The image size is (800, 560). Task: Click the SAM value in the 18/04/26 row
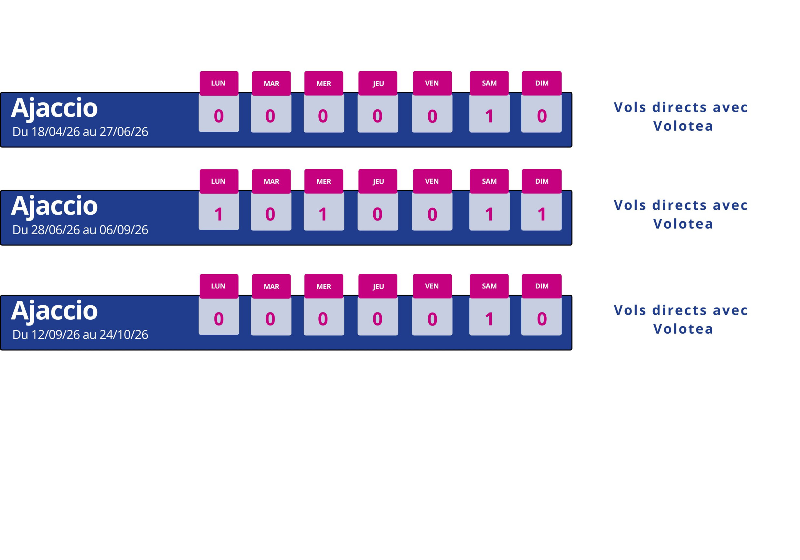pos(489,116)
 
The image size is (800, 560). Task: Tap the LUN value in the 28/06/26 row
pos(219,214)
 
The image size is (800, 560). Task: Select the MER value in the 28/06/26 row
pos(323,214)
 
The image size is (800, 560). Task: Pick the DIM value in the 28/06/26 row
pos(541,214)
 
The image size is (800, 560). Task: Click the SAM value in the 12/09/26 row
pos(489,319)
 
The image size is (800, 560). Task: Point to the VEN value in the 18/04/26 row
pos(432,116)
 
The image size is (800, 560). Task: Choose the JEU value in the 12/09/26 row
pos(377,319)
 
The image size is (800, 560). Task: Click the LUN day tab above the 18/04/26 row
pos(219,83)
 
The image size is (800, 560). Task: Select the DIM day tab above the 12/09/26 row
pos(541,286)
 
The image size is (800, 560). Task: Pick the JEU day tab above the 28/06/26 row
pos(378,181)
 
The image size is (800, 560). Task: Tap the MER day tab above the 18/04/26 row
pos(324,83)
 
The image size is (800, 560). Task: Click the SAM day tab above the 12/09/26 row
pos(489,286)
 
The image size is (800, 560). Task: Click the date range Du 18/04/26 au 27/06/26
pos(80,132)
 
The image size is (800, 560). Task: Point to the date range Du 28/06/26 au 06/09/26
pos(80,230)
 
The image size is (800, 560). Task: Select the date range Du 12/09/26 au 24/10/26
pos(80,335)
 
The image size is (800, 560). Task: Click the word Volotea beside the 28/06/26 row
pos(683,224)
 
